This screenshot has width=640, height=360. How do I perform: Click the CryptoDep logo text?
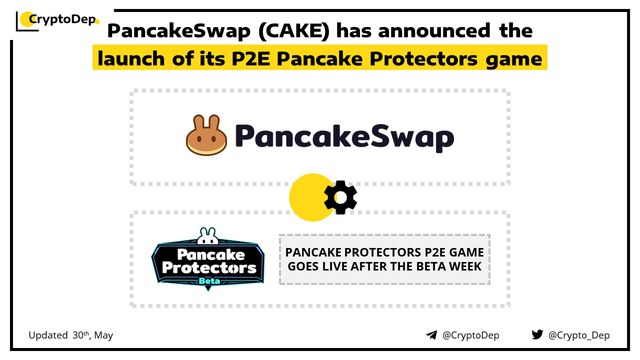(62, 19)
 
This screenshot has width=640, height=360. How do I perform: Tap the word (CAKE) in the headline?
(294, 30)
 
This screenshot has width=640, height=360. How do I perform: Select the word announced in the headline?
(434, 30)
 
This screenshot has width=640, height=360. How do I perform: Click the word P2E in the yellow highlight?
(251, 58)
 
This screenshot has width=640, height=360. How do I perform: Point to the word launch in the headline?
(131, 58)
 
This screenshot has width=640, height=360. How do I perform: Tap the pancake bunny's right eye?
(213, 139)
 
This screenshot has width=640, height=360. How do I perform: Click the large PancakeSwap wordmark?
(344, 137)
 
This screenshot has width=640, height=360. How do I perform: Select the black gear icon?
(340, 197)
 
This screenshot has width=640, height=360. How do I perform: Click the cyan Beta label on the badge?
(209, 281)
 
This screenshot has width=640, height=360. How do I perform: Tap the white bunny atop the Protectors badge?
(207, 236)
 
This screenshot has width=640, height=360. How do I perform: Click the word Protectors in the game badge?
(209, 267)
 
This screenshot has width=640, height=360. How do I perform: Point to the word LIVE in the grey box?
(334, 266)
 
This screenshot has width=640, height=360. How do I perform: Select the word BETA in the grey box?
(431, 266)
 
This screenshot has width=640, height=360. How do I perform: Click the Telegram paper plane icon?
(431, 335)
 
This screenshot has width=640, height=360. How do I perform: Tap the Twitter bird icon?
(537, 334)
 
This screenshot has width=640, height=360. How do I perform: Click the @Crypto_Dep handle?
(579, 335)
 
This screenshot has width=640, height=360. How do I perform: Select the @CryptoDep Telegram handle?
(470, 335)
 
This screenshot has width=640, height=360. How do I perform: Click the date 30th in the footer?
(81, 335)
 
